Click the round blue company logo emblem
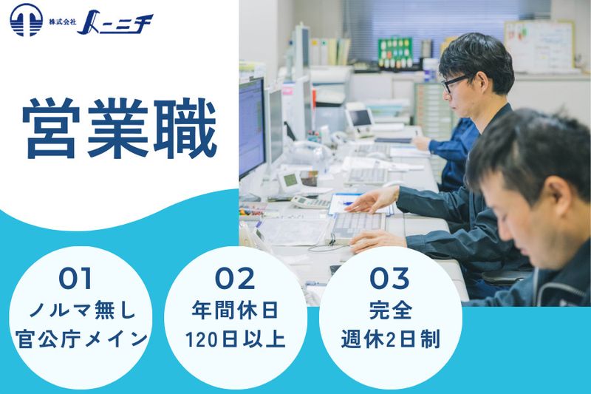point(27,20)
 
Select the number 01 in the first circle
point(76,279)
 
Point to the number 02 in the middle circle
point(234,279)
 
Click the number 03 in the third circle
point(389,279)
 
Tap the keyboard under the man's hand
point(358,221)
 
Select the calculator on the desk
point(310,202)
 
